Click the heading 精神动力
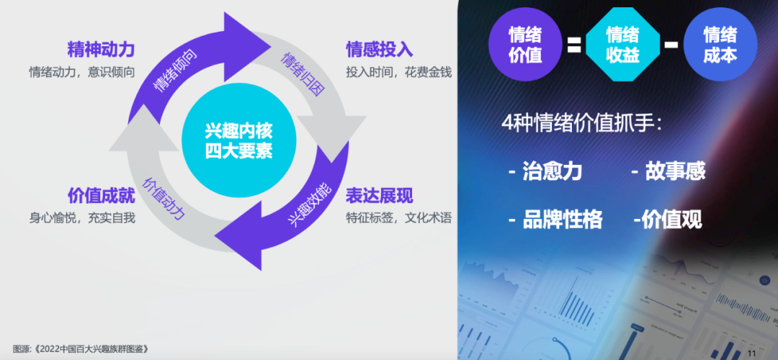pyautogui.click(x=102, y=50)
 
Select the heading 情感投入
pyautogui.click(x=380, y=50)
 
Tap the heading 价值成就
pyautogui.click(x=102, y=196)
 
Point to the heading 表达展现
pyautogui.click(x=380, y=196)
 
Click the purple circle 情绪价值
pyautogui.click(x=525, y=44)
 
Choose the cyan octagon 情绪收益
pyautogui.click(x=622, y=44)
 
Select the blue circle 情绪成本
pyautogui.click(x=720, y=44)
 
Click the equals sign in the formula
pyautogui.click(x=574, y=45)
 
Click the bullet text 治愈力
pyautogui.click(x=553, y=171)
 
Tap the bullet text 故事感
pyautogui.click(x=675, y=171)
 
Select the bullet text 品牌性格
pyautogui.click(x=563, y=219)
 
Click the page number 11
pyautogui.click(x=751, y=353)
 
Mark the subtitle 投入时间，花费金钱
pyautogui.click(x=399, y=72)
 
